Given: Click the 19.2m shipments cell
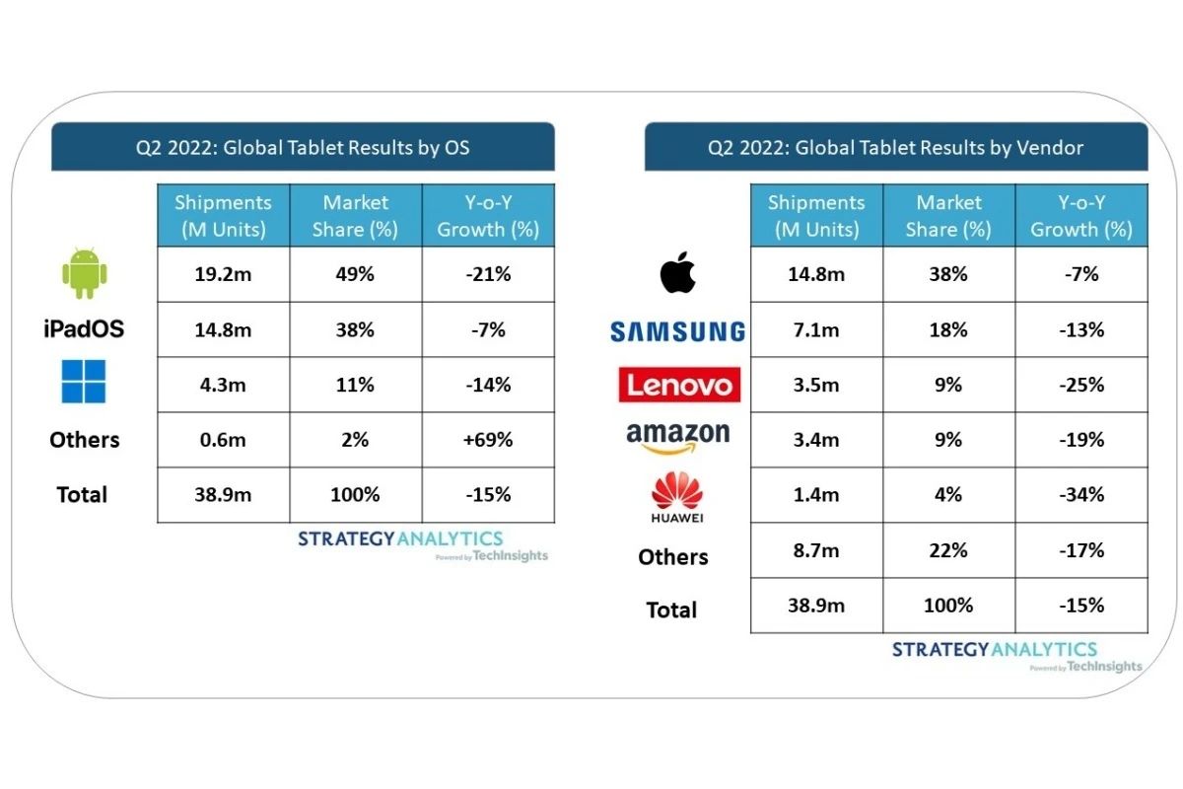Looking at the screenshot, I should pos(223,274).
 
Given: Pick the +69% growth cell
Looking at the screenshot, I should pos(488,440).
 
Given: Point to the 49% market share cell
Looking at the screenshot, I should pos(356,274).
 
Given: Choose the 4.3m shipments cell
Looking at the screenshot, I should pos(223,385).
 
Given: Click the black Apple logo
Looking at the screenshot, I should pos(678,272).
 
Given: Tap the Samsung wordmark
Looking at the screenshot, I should pos(676,332).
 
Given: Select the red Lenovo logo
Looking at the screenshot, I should pos(678,385).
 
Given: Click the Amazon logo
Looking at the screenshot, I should pos(678,437).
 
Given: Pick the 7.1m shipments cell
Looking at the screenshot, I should pos(816,329).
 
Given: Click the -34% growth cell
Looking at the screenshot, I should pos(1081,495).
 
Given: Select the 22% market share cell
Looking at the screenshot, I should pos(948,550).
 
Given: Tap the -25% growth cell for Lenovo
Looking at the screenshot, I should pos(1081,385).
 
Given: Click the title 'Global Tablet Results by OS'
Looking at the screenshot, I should pos(302,148).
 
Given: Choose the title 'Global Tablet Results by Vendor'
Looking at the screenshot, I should pos(895,148).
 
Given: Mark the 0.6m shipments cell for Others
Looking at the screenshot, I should pos(223,440).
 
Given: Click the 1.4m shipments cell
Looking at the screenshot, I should pos(816,495).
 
